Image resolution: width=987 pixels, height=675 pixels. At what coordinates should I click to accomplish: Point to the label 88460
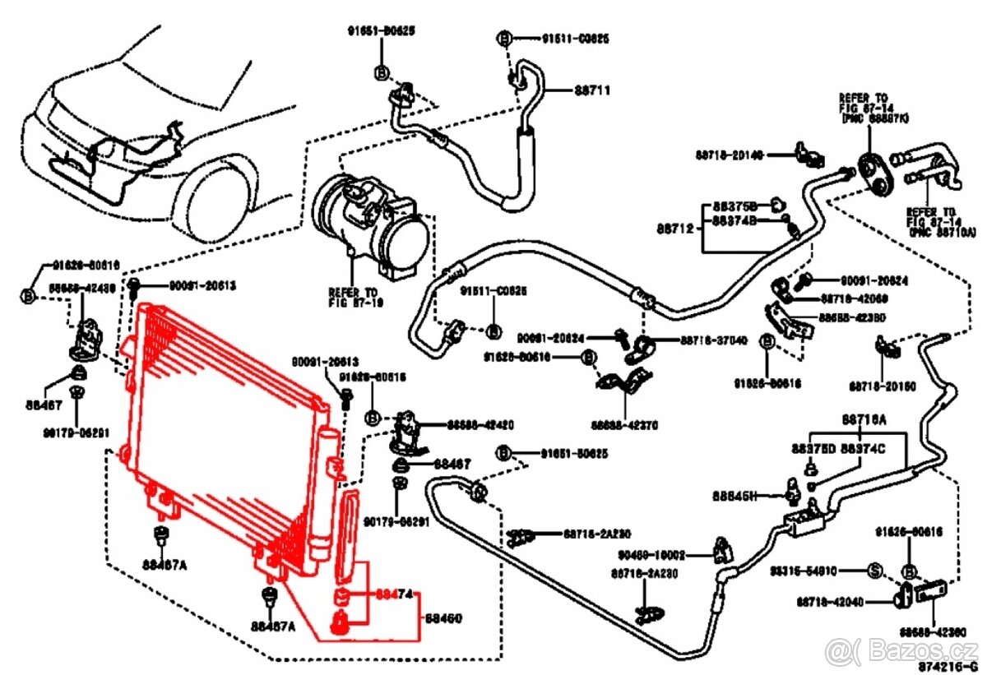click(x=443, y=617)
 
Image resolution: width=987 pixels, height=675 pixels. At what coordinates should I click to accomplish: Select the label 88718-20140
click(x=729, y=154)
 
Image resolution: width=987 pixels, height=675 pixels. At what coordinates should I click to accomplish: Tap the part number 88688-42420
click(x=480, y=426)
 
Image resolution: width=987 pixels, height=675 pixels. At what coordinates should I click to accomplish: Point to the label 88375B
click(x=735, y=206)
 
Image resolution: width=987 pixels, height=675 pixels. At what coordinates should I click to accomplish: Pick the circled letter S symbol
click(x=875, y=570)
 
